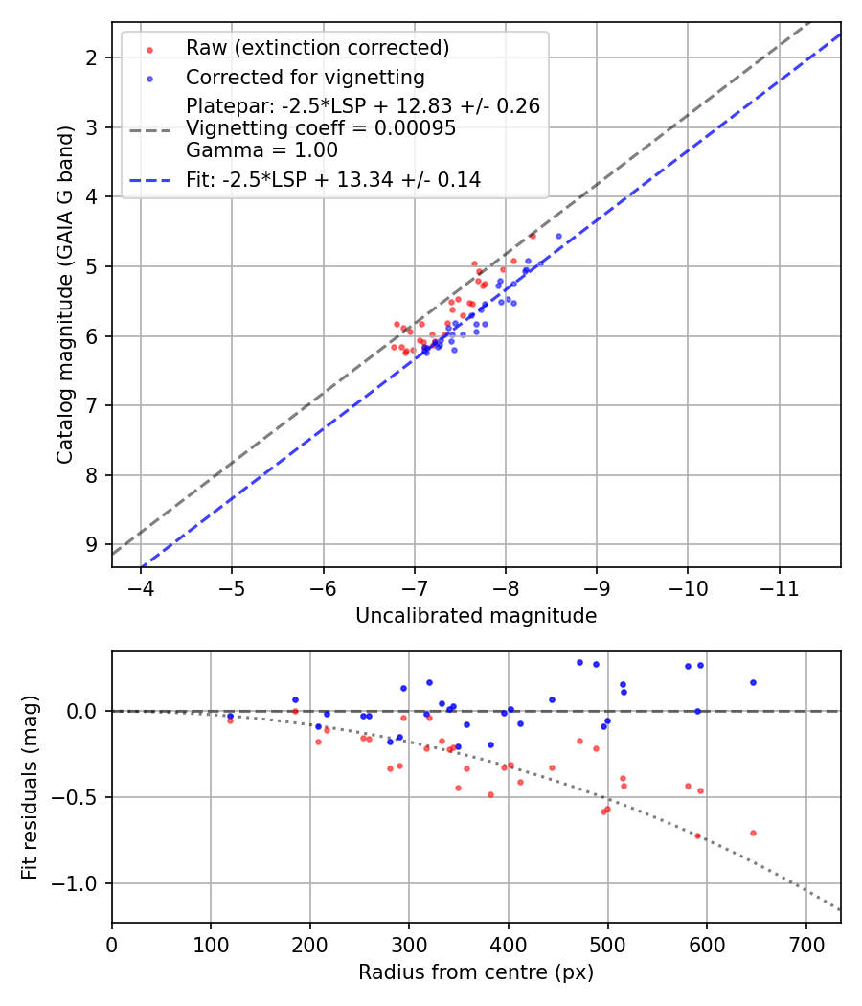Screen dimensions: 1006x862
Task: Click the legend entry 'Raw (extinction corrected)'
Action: (x=317, y=48)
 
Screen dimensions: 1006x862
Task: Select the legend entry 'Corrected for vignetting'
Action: (x=306, y=78)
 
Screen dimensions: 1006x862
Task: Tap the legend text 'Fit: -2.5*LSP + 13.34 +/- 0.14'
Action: (x=333, y=179)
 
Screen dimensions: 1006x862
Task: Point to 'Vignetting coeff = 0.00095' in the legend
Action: (x=321, y=128)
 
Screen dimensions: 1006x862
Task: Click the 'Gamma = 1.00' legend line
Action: (x=261, y=150)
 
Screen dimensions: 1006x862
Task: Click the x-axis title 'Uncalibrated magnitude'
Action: (x=476, y=616)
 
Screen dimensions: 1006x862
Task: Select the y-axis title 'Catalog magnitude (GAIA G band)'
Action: (x=64, y=293)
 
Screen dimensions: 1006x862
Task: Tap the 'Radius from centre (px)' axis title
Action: (x=476, y=972)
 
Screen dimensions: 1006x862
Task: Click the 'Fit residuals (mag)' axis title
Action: (x=31, y=786)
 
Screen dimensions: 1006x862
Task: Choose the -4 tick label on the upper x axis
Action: (x=142, y=587)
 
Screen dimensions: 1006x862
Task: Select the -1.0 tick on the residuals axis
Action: (x=80, y=883)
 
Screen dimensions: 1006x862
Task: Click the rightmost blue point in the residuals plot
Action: (x=753, y=682)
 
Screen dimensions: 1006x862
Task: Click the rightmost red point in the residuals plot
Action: (x=753, y=833)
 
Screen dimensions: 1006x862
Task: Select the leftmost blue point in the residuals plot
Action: (x=230, y=716)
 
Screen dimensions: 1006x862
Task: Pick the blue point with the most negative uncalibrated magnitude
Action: (x=559, y=236)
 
